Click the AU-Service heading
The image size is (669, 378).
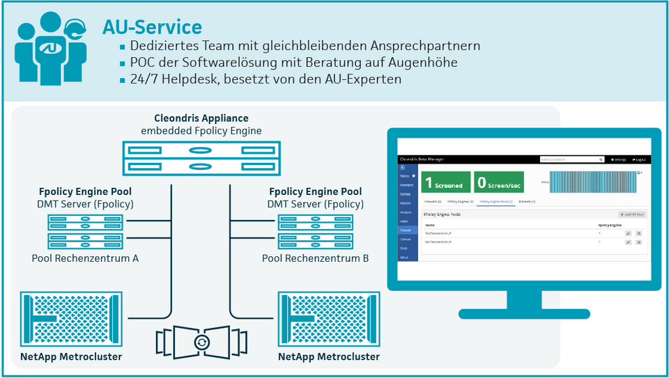point(152,27)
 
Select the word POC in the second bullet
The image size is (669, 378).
point(141,63)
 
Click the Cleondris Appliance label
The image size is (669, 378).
point(201,118)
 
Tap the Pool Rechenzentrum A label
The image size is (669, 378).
point(85,258)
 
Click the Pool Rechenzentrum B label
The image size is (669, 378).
point(315,258)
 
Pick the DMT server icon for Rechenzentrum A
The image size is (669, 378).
point(85,232)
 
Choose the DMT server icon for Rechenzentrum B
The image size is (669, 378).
point(315,232)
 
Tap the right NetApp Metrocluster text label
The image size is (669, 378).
point(329,356)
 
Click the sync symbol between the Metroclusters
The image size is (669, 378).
point(202,341)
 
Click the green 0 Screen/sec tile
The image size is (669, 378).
point(499,182)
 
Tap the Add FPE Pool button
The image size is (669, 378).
point(631,214)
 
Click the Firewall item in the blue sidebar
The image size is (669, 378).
point(405,230)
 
